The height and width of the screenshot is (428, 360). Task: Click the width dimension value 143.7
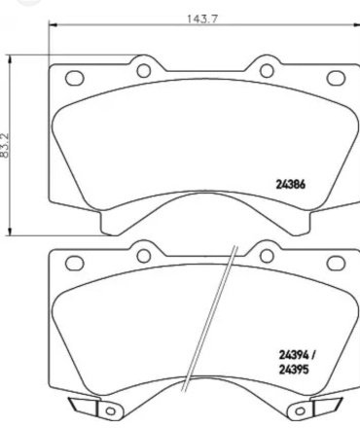tap(201, 19)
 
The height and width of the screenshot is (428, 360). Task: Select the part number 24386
tap(291, 185)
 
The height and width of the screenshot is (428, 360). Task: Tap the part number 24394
tap(294, 355)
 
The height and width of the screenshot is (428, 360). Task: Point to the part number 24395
tap(294, 370)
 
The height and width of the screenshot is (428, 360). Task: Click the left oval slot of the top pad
tap(75, 78)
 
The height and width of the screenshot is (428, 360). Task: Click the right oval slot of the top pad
tap(336, 78)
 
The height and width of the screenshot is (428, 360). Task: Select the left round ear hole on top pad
tap(144, 71)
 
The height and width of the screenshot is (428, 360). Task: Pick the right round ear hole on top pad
tap(267, 71)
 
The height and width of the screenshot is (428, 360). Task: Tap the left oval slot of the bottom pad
tap(75, 263)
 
